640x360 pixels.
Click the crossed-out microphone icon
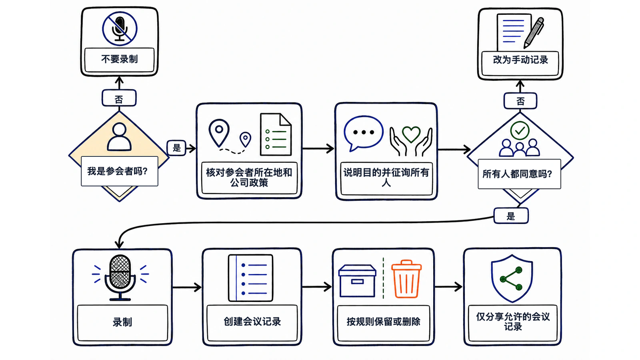[x=120, y=28]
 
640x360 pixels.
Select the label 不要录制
[x=120, y=59]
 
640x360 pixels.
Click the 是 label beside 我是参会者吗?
[x=176, y=148]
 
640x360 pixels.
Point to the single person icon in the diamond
[x=120, y=137]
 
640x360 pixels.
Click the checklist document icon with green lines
[x=276, y=134]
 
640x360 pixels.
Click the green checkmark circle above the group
[x=520, y=130]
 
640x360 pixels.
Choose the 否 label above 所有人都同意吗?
[x=520, y=101]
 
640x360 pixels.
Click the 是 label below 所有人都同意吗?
[x=511, y=216]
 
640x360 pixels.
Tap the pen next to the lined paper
[x=534, y=33]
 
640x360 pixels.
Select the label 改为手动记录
[x=520, y=60]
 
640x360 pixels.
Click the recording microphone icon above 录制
[x=120, y=278]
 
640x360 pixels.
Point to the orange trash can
[x=406, y=279]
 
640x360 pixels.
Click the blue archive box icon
[x=357, y=281]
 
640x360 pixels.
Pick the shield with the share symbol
[x=512, y=278]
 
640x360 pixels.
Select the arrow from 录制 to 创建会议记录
[x=187, y=287]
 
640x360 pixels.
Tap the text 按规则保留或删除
[x=384, y=322]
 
